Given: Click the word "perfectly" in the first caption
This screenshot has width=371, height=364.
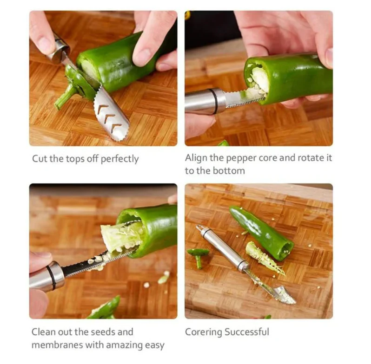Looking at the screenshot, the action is [x=119, y=159].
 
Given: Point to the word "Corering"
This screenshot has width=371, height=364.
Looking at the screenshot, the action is [x=204, y=332].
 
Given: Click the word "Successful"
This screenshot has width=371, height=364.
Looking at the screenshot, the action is [x=247, y=331].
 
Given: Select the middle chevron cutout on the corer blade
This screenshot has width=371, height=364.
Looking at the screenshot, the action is [x=110, y=116].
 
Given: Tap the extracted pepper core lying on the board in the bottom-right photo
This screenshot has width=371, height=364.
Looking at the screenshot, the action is [x=265, y=258].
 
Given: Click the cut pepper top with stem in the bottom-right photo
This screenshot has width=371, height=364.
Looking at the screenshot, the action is [x=198, y=256].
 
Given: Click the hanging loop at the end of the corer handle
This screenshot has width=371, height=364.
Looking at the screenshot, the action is [x=200, y=228].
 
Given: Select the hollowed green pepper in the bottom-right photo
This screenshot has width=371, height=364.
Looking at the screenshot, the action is [x=262, y=232].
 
